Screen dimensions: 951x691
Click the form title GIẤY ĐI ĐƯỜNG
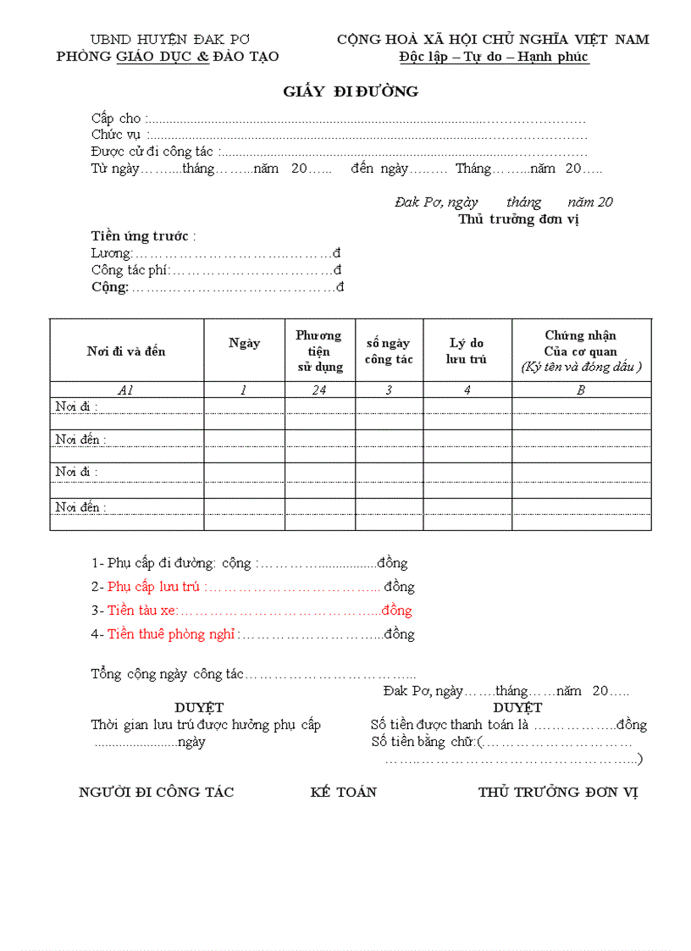click(x=351, y=91)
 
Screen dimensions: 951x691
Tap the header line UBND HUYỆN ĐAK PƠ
click(x=170, y=40)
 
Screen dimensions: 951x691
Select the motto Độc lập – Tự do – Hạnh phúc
click(x=495, y=57)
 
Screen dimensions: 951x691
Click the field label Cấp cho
click(x=116, y=119)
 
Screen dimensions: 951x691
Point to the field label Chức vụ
click(x=118, y=135)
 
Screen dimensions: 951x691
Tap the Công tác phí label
click(x=130, y=270)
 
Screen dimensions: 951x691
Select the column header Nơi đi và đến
click(x=126, y=351)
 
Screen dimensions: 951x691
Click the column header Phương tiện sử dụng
click(x=319, y=351)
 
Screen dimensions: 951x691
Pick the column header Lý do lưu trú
click(x=467, y=351)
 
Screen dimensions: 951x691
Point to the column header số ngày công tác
click(x=389, y=351)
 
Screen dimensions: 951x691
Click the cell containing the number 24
click(x=319, y=390)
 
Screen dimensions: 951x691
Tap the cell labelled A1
click(x=126, y=390)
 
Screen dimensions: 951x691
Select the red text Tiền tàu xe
click(x=141, y=611)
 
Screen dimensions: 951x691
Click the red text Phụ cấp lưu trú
click(x=153, y=587)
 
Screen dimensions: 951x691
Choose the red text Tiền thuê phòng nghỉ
click(x=171, y=634)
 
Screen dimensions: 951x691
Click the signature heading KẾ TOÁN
click(x=343, y=793)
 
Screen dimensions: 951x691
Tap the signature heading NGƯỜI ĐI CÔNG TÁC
click(x=157, y=793)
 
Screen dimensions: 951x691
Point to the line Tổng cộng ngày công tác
click(x=167, y=675)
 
